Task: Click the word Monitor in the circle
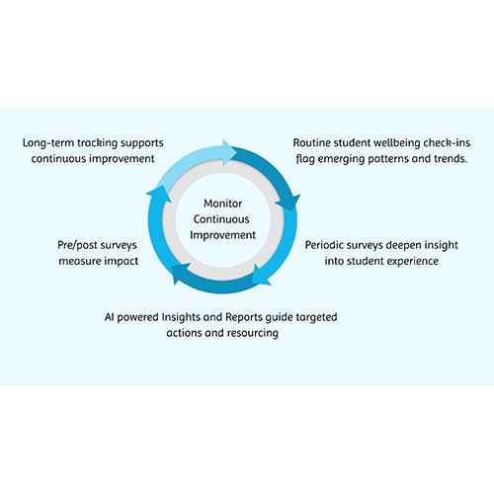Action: tap(223, 204)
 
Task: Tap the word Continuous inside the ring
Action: tap(221, 219)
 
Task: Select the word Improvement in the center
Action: tap(222, 235)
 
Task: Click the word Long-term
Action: tap(48, 143)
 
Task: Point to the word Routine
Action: tap(312, 143)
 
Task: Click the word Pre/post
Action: tap(78, 245)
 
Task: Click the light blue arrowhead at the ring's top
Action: tap(229, 152)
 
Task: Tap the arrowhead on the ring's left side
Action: tap(159, 195)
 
